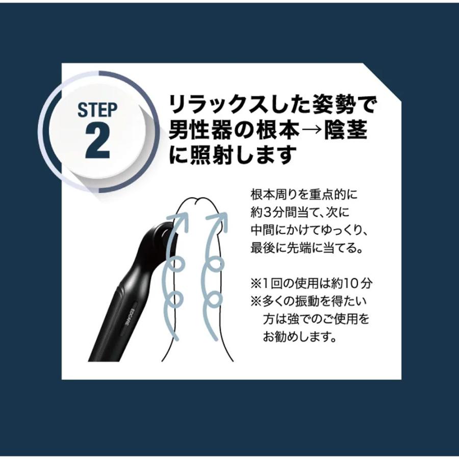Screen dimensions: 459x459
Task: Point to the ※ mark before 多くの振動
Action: pos(256,301)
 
